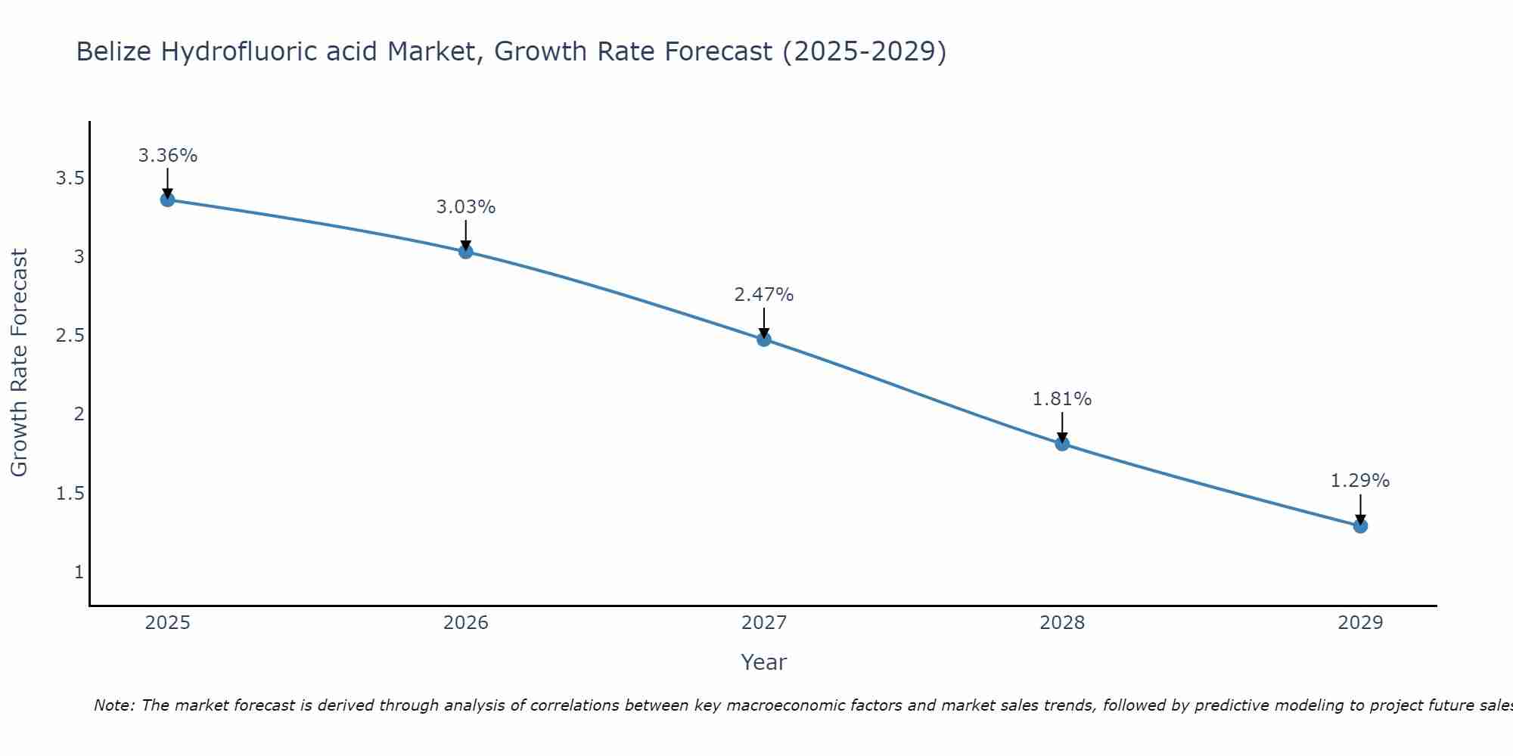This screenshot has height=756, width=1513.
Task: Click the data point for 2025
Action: (167, 200)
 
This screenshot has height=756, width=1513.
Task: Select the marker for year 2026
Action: (465, 251)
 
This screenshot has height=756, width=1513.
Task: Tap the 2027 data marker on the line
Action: (763, 339)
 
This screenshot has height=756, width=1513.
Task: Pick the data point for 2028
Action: (1061, 443)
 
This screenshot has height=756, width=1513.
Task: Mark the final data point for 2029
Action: (1359, 525)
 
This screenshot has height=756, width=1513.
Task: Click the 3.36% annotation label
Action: (167, 156)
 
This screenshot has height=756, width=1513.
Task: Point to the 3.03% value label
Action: (465, 207)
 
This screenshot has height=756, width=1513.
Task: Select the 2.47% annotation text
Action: (763, 295)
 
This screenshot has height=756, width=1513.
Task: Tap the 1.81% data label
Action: (1061, 399)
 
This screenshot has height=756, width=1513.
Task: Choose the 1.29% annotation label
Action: (1359, 481)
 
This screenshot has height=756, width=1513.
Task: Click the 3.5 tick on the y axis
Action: (70, 178)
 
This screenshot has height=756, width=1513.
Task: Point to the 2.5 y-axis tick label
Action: (70, 336)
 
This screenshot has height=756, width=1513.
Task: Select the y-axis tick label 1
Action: (79, 572)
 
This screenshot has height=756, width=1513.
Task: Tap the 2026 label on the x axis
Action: (465, 623)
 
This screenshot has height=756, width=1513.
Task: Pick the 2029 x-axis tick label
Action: (1359, 623)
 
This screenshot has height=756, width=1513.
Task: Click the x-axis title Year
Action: (763, 662)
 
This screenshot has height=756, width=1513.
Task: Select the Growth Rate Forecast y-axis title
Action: (19, 363)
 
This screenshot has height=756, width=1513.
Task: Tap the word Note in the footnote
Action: (113, 705)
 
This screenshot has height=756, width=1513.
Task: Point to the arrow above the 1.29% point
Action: (1359, 508)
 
